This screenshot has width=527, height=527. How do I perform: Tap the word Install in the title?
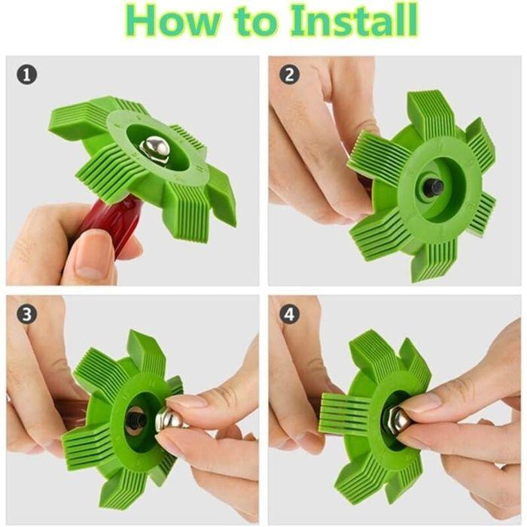(x=354, y=20)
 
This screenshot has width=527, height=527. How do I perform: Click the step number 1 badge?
(x=26, y=75)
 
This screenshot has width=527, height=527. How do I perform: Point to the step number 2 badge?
(x=289, y=75)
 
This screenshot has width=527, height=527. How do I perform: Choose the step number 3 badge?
(x=26, y=314)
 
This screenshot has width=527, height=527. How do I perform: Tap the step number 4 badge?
(x=289, y=314)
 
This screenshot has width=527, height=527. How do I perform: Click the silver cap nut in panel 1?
(x=155, y=148)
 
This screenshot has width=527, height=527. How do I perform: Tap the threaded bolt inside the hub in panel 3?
(x=137, y=421)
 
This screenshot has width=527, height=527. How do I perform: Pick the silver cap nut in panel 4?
(x=397, y=421)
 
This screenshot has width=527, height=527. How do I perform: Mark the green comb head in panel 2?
(x=422, y=187)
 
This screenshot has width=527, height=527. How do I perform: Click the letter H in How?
(x=139, y=22)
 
